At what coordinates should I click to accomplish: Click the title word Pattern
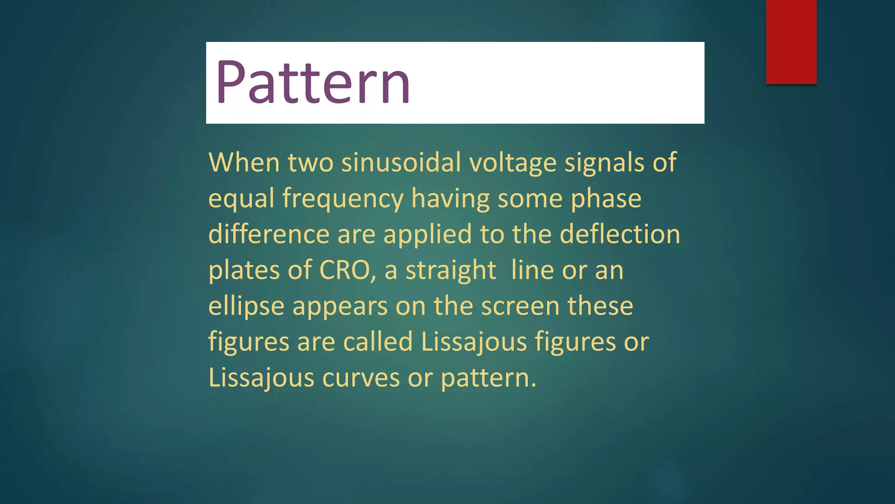tap(312, 82)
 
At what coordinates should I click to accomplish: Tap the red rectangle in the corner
tap(791, 42)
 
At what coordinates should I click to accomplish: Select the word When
tap(244, 162)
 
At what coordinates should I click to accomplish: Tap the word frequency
tap(343, 199)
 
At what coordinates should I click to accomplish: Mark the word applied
tap(428, 235)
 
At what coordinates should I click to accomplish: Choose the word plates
tap(244, 270)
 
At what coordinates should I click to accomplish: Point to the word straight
tap(451, 270)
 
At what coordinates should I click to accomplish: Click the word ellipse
tap(246, 306)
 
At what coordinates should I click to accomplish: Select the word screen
tap(520, 306)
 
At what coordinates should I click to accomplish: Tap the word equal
tap(241, 199)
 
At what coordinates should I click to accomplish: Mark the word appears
tap(340, 307)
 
